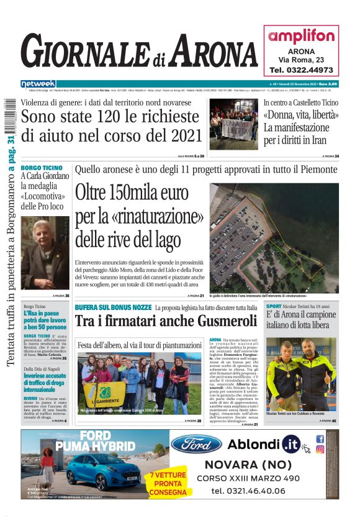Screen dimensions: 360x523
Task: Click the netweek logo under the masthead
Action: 38,84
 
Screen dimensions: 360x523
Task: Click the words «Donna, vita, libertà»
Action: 301,116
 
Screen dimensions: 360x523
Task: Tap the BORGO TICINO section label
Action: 41,168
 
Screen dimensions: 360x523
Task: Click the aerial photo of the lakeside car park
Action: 274,237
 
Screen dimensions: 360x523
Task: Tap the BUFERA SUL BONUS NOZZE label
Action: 113,307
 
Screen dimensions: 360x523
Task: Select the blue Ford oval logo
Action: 196,443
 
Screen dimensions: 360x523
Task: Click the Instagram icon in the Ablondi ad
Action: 320,450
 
